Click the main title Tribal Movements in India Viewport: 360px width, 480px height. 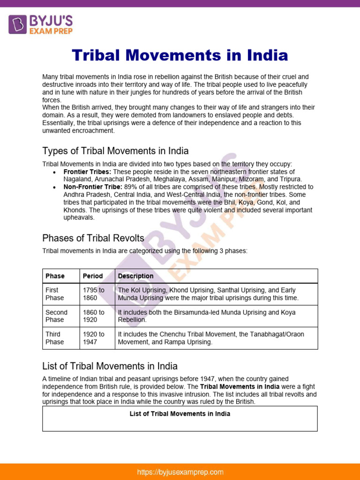coord(180,55)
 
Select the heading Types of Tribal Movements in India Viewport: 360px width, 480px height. coord(115,151)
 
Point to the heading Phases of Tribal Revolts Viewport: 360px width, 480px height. coord(93,238)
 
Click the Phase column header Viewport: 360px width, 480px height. coord(55,276)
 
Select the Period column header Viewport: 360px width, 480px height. coord(92,276)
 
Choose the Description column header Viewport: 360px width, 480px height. coord(135,276)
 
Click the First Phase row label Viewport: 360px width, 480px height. coord(55,294)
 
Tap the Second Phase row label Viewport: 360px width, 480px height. coord(56,316)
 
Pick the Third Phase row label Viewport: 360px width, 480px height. coord(55,338)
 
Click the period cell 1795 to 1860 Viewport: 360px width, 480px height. coord(94,294)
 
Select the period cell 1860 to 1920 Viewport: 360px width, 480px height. coord(94,316)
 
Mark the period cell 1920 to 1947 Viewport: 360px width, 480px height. coord(94,338)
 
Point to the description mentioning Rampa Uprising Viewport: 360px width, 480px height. coord(211,338)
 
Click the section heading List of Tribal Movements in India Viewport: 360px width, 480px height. coord(110,366)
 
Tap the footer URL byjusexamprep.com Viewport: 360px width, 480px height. coord(180,472)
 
